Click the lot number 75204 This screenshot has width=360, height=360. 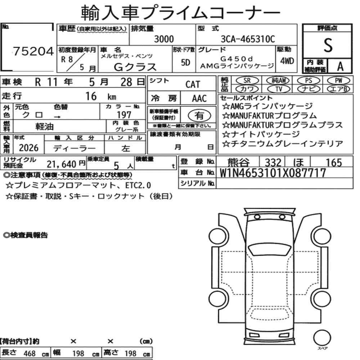[33, 51]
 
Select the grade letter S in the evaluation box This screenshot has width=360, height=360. [328, 45]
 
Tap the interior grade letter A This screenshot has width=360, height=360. [340, 66]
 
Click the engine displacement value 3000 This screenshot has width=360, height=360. [164, 39]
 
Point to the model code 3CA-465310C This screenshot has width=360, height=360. [248, 39]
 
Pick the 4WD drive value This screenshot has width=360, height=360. [287, 61]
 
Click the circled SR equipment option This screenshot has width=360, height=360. [247, 81]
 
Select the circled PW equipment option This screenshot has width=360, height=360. [338, 81]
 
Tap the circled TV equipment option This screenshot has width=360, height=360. [278, 89]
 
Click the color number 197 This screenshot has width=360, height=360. [124, 114]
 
